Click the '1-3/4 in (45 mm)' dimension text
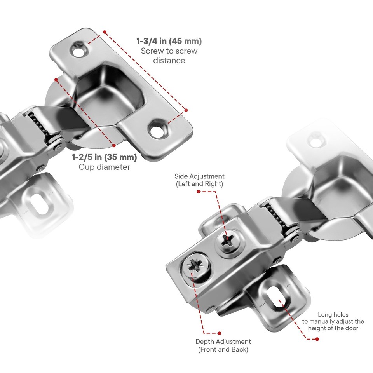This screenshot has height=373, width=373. tap(169, 41)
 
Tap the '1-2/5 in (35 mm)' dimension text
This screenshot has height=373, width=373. tap(104, 158)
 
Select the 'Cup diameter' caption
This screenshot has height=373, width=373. tap(104, 167)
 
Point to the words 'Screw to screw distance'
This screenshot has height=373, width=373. tap(169, 56)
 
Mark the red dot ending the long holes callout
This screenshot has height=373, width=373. tap(317, 339)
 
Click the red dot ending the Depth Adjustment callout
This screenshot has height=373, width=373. tap(220, 333)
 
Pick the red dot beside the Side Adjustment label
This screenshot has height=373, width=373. tap(199, 192)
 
